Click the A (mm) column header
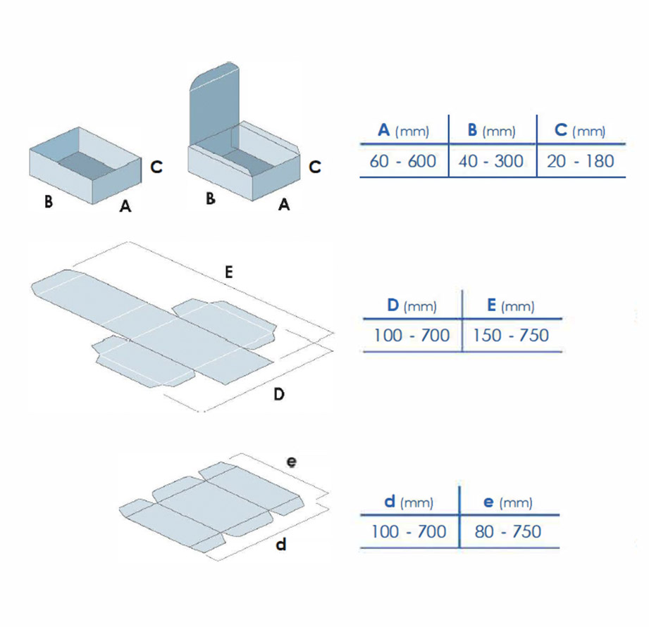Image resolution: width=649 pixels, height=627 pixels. (x=404, y=131)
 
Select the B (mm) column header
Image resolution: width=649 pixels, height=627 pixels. (x=492, y=131)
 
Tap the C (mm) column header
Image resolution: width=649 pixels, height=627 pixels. (x=580, y=131)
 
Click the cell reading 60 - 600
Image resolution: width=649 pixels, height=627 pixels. (x=403, y=161)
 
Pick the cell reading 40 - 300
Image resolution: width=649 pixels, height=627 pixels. (x=491, y=161)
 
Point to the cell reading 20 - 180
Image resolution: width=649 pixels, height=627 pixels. (x=580, y=161)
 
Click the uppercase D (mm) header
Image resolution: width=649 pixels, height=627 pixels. (x=412, y=305)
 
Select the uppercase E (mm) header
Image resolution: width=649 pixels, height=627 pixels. (x=511, y=305)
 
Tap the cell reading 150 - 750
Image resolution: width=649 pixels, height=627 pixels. (x=511, y=335)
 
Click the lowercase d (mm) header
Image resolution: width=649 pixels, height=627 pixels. (x=409, y=502)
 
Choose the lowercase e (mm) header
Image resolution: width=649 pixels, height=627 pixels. (x=508, y=502)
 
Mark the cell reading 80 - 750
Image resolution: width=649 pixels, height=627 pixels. (x=508, y=531)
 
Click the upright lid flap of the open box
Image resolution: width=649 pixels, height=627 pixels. (x=214, y=103)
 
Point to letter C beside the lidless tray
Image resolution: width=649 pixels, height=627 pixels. (x=156, y=167)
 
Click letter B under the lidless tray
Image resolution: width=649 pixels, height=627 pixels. (x=49, y=201)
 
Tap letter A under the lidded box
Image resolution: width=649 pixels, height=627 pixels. (x=284, y=204)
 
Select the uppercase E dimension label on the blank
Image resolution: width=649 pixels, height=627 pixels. (x=228, y=272)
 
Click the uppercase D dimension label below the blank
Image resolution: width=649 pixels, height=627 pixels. (x=279, y=394)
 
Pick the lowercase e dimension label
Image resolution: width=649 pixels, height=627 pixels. (x=292, y=462)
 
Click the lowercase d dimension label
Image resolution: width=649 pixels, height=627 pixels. (x=281, y=545)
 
